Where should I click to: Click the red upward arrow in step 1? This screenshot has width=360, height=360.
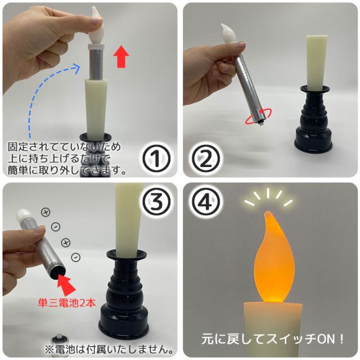point(120,57)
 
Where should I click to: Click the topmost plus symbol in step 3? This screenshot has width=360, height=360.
point(44,212)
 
